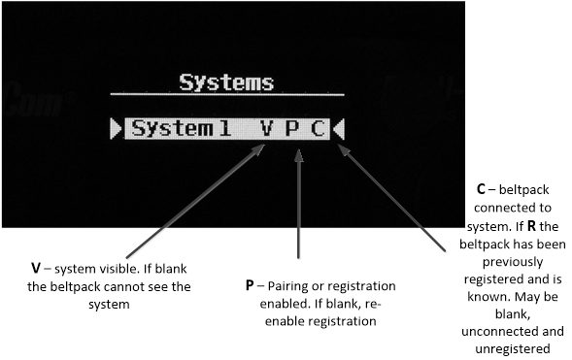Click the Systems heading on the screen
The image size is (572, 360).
[x=226, y=82]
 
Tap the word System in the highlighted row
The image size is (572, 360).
[x=172, y=129]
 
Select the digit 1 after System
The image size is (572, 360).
[x=225, y=128]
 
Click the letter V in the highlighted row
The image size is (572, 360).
[x=267, y=128]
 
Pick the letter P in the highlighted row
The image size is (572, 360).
[x=292, y=128]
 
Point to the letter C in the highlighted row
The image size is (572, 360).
[x=319, y=128]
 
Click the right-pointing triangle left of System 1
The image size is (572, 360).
[x=116, y=128]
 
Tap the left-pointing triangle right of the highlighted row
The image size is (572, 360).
[x=339, y=128]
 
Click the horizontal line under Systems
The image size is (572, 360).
[x=227, y=94]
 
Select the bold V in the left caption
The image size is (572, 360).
[x=35, y=269]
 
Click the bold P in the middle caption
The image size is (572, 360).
[x=250, y=285]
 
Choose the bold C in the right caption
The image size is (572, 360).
[x=481, y=189]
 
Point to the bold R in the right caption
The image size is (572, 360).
[x=531, y=226]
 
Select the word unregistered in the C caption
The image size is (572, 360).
[x=513, y=349]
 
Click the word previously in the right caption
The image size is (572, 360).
[x=513, y=262]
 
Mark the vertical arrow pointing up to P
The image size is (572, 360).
[x=299, y=204]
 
